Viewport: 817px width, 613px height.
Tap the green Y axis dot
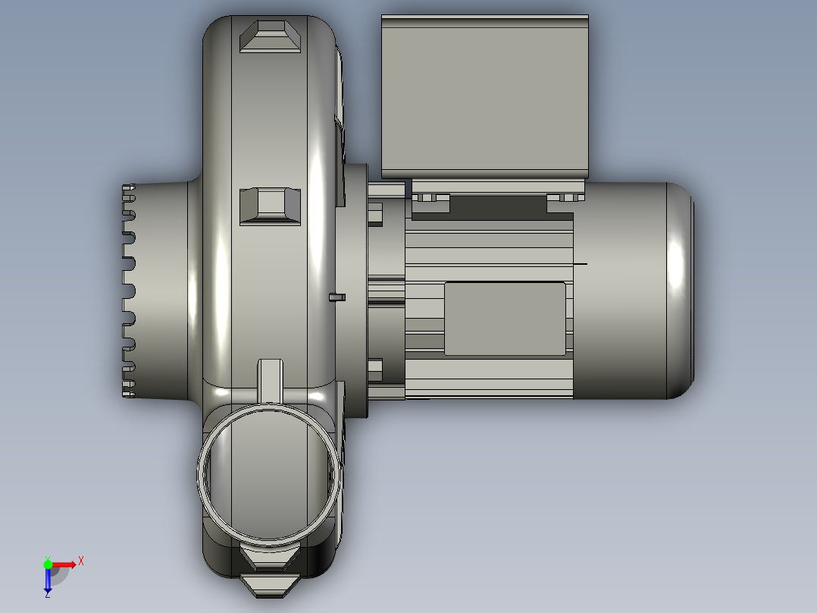48,564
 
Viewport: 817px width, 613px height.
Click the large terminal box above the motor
485,96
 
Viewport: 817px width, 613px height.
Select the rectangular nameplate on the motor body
505,319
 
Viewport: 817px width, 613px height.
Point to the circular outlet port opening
269,473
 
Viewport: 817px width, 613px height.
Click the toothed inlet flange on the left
129,291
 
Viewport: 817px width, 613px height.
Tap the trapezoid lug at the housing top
270,36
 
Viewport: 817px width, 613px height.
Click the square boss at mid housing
270,206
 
